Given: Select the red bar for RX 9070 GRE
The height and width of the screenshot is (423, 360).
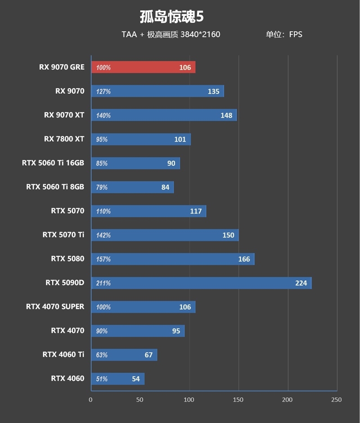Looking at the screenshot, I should coord(143,68).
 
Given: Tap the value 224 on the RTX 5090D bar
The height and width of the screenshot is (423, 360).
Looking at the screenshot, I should coord(301,283).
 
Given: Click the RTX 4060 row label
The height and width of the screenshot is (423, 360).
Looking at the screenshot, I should coord(67,378).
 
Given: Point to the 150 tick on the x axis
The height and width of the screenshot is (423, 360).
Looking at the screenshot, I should coord(238,400).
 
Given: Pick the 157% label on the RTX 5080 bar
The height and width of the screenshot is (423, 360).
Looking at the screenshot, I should coord(103,259).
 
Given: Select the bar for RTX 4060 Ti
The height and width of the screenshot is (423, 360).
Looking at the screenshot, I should coord(124,355).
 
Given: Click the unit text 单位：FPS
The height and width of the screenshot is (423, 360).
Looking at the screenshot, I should coord(284,35).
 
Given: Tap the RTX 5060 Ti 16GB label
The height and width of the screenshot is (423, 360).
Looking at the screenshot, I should coord(53,163).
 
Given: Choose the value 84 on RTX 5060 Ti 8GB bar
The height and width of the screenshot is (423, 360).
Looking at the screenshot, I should coord(165,187).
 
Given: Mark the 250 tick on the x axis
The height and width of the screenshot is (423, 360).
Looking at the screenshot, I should coord(336,400).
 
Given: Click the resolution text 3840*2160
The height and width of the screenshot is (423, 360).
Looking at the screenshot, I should coord(200,35).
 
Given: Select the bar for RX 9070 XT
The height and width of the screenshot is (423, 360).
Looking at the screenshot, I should coord(164,115).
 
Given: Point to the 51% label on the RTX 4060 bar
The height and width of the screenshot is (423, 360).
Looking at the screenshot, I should coord(102,379).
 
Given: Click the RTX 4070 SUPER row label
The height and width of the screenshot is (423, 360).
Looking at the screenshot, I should coord(55,307).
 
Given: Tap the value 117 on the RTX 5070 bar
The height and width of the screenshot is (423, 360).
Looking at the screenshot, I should coord(196,211).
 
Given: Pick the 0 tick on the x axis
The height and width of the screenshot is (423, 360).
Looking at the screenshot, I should coord(91,400).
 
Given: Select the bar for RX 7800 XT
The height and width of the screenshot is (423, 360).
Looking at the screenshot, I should coord(140,139).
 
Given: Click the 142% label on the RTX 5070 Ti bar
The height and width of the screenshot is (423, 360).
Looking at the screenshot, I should coord(103,235).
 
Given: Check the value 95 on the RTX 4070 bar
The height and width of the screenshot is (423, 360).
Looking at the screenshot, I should coord(176,331).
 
